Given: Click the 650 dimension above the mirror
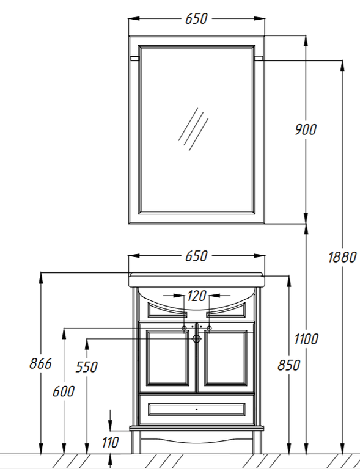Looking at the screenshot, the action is [x=196, y=19].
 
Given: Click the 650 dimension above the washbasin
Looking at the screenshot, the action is [x=196, y=256].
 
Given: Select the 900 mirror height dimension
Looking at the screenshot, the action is [x=306, y=129].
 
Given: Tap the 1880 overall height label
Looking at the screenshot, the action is [x=343, y=257].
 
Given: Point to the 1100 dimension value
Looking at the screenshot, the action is [x=306, y=340].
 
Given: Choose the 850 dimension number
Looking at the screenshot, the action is [x=288, y=366].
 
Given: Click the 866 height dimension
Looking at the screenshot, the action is [x=41, y=364].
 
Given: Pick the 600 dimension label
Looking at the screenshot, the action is [x=64, y=391].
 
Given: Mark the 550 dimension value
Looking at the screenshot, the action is [x=86, y=367].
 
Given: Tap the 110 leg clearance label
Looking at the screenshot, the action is [x=111, y=443].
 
